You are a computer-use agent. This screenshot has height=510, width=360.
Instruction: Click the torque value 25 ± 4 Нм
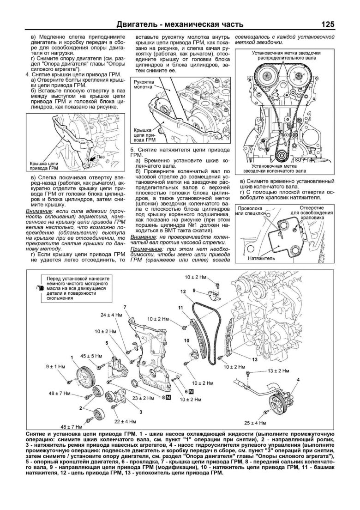point(255,423)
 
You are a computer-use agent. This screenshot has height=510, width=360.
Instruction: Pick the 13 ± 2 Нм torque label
point(279,371)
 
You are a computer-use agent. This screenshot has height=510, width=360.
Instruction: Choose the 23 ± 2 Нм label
point(142,397)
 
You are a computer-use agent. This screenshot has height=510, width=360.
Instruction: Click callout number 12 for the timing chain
point(183,291)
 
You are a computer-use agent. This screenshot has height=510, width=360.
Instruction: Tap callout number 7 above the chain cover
point(125,307)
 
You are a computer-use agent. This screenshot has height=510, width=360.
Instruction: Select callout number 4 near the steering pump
point(298,379)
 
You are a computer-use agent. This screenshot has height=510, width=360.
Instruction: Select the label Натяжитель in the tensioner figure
point(262,258)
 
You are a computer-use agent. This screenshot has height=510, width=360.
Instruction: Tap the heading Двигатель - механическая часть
point(180,24)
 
